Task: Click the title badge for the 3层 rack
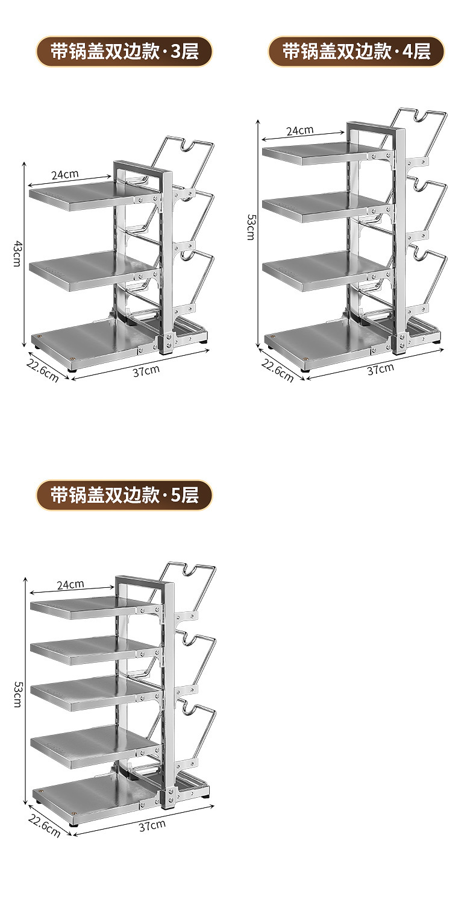pos(124,52)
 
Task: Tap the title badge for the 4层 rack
pos(356,52)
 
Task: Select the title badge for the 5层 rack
pos(124,495)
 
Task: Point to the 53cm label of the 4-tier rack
pos(250,227)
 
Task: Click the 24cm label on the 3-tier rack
pos(65,174)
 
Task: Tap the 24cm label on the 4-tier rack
pos(299,130)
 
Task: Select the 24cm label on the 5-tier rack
pos(70,584)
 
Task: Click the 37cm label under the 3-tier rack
pos(146,370)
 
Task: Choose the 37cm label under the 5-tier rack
pos(152,825)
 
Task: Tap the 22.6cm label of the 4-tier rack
pos(277,369)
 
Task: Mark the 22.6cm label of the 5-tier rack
pos(44,825)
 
